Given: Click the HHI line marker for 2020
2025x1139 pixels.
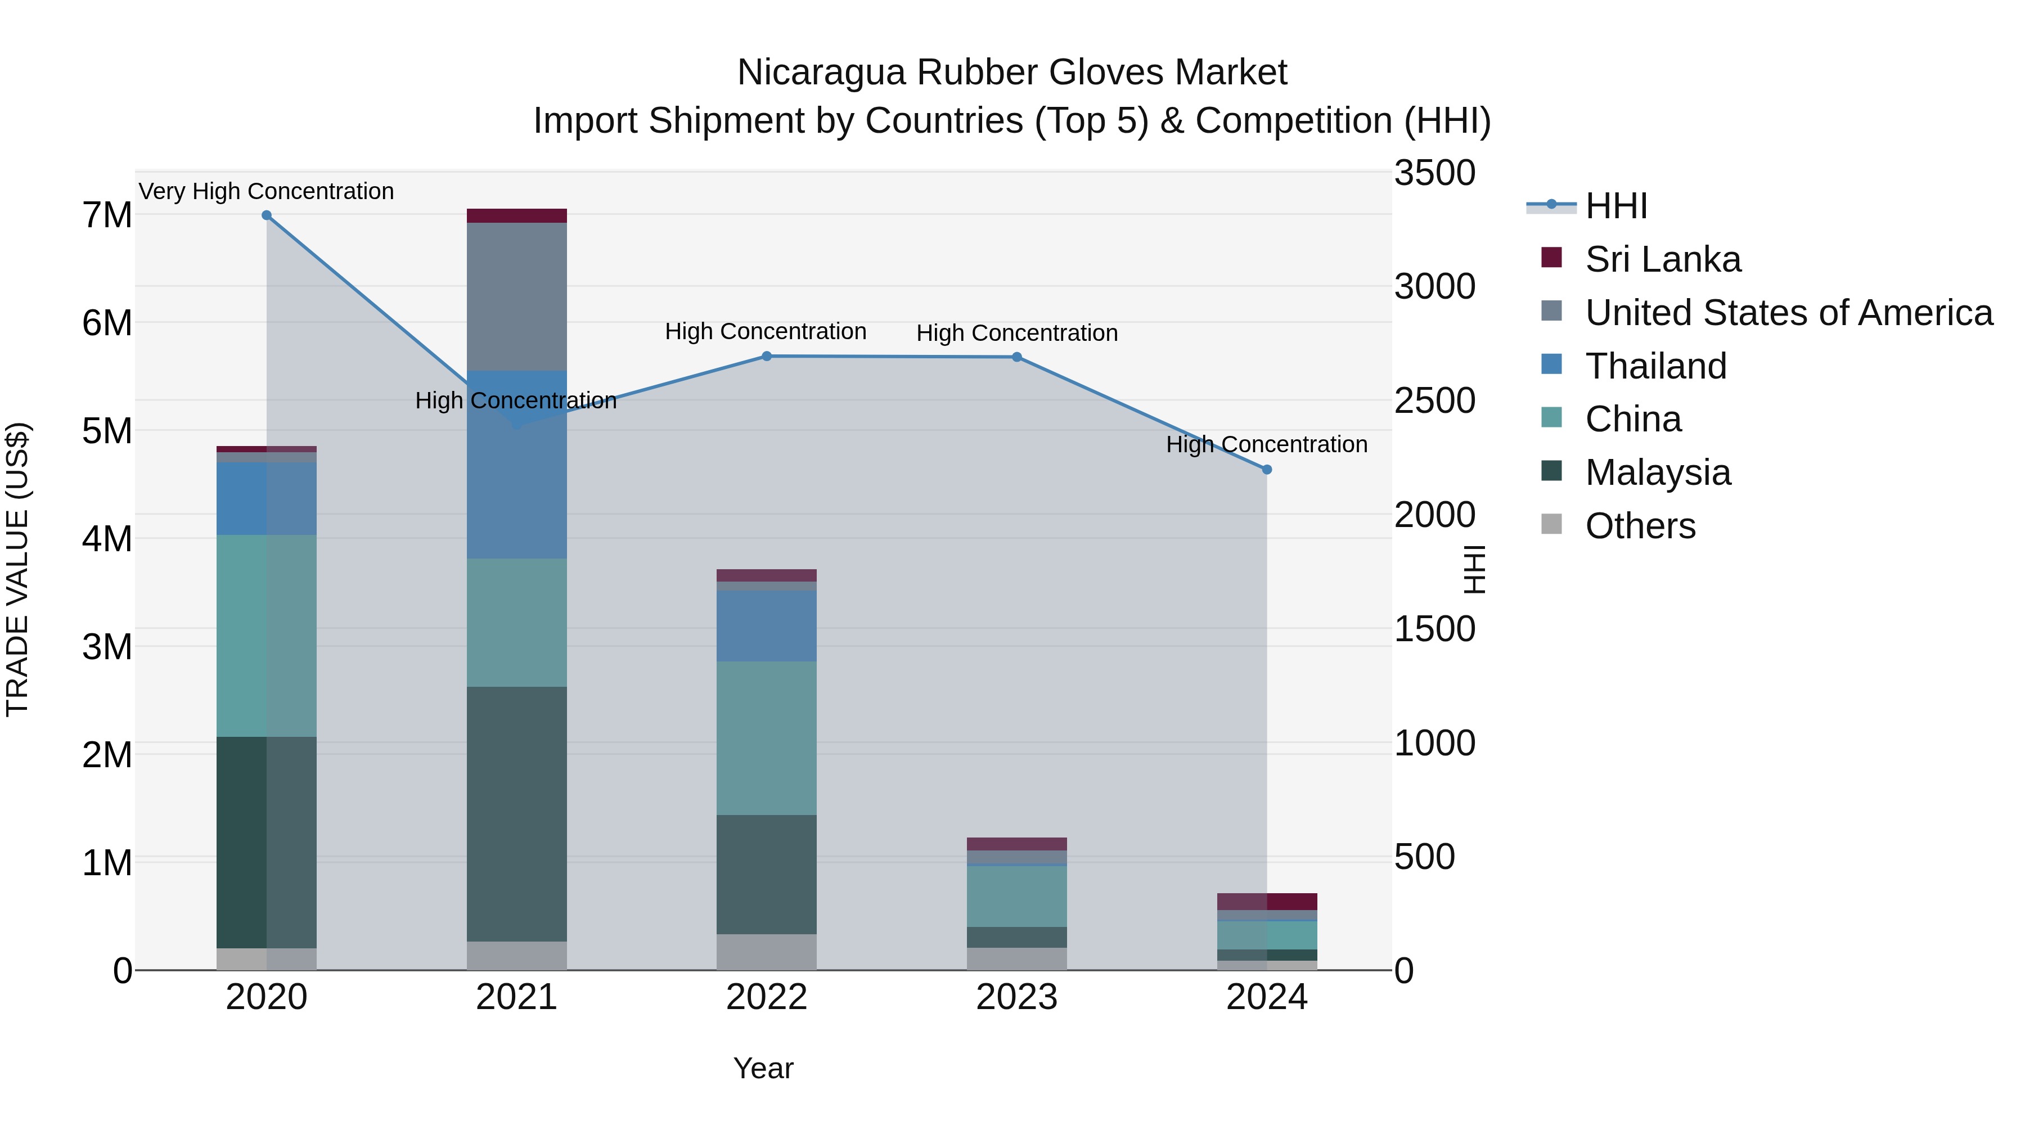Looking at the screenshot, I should coord(267,215).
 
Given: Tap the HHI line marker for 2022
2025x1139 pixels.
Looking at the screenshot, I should coord(767,356).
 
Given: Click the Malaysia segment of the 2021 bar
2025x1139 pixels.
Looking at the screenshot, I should coord(516,813).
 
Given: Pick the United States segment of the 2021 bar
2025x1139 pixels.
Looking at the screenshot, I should coord(516,296).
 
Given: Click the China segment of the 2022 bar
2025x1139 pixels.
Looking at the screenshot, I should coord(767,737).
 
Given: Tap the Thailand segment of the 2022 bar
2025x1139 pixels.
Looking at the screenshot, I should coord(767,625).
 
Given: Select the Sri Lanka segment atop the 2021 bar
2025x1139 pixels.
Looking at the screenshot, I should coord(516,215).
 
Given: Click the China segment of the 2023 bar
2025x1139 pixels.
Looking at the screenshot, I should coord(1016,896).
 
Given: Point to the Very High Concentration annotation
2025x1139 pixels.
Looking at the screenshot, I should coord(267,191).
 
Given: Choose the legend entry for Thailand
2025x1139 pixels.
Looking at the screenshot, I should coord(1655,366).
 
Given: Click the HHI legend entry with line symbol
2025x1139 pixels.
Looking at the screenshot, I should coord(1588,206).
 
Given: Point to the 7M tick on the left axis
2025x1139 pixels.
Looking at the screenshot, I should coord(107,215).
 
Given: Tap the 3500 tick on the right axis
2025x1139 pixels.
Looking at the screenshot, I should coord(1434,173).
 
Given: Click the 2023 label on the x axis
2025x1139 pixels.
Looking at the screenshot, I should coord(1016,997).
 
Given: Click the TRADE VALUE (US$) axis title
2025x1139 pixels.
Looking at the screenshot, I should coord(17,569).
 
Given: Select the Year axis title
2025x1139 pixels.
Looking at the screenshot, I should coord(763,1068).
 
